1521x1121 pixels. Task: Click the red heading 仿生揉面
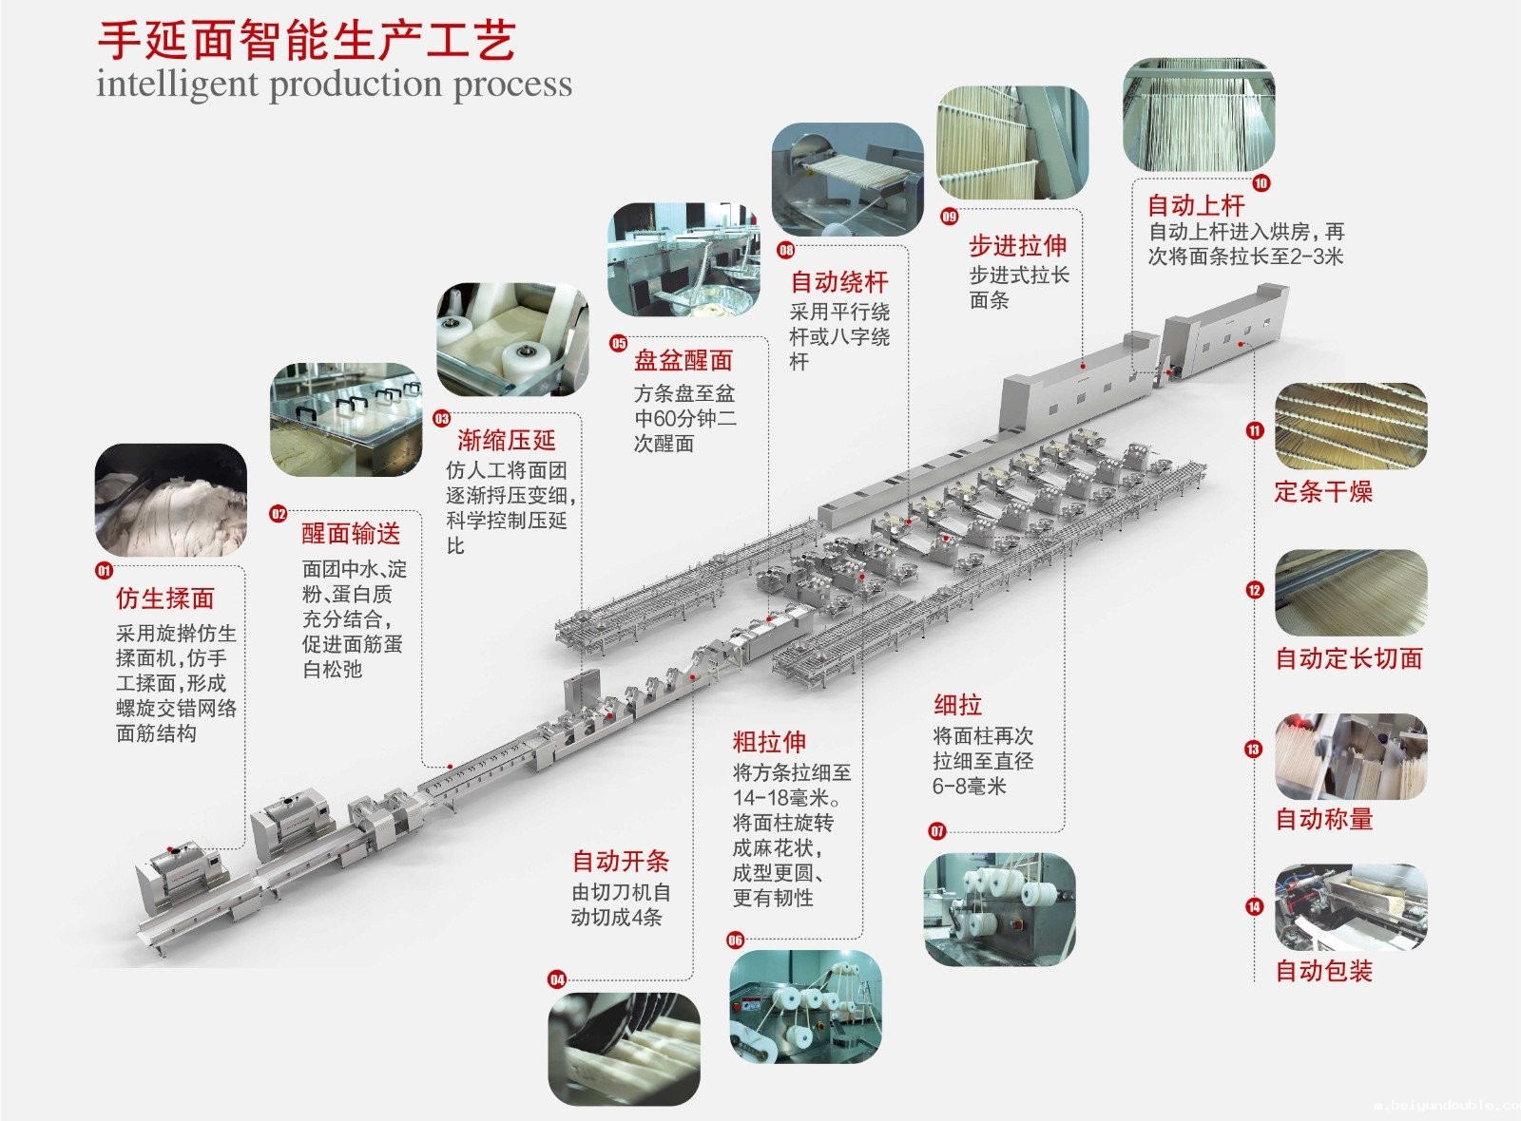pyautogui.click(x=165, y=598)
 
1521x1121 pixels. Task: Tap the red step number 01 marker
pyautogui.click(x=104, y=571)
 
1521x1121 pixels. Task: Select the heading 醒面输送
pyautogui.click(x=351, y=534)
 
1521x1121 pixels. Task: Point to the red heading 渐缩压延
pyautogui.click(x=507, y=440)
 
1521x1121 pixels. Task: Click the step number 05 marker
pyautogui.click(x=619, y=343)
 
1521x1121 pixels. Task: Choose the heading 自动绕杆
pyautogui.click(x=839, y=282)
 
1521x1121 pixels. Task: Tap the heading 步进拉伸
pyautogui.click(x=1017, y=246)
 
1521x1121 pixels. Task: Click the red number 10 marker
pyautogui.click(x=1261, y=183)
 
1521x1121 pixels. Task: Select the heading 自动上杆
pyautogui.click(x=1195, y=205)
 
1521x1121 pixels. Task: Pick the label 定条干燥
pyautogui.click(x=1323, y=492)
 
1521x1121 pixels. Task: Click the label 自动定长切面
pyautogui.click(x=1348, y=658)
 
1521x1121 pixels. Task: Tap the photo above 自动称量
pyautogui.click(x=1350, y=756)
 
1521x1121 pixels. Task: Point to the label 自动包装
pyautogui.click(x=1323, y=971)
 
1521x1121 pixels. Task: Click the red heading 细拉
pyautogui.click(x=957, y=705)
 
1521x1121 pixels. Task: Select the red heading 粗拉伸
pyautogui.click(x=769, y=742)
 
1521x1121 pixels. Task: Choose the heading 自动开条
pyautogui.click(x=620, y=862)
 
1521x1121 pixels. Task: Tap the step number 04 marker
pyautogui.click(x=557, y=979)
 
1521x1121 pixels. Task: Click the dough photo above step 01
pyautogui.click(x=171, y=500)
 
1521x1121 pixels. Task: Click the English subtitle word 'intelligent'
pyautogui.click(x=177, y=84)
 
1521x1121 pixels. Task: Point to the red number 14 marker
pyautogui.click(x=1254, y=906)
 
